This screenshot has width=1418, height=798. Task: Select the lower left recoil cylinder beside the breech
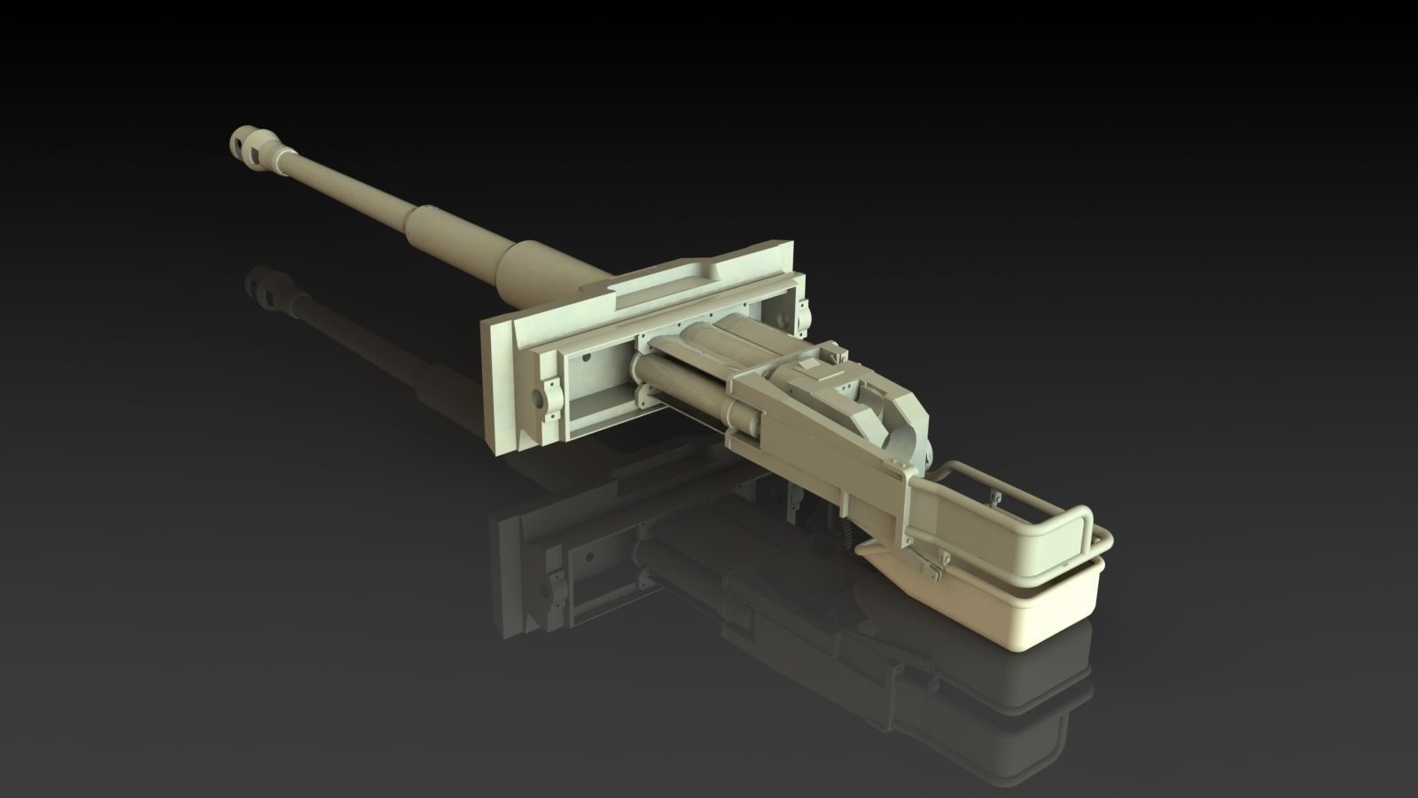coord(682,390)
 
